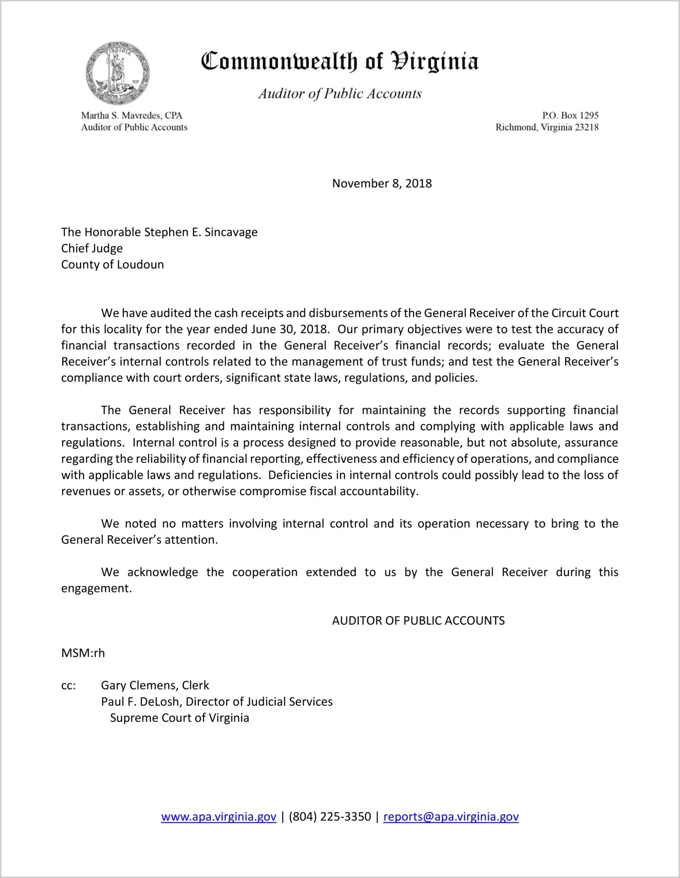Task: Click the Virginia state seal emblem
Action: [118, 73]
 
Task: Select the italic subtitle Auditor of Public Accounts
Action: [340, 94]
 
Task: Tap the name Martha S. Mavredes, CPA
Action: [132, 115]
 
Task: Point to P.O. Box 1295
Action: [570, 115]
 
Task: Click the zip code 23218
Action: [587, 127]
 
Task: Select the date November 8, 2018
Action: [382, 183]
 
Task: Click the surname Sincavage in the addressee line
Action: [231, 232]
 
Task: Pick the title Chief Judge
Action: [92, 248]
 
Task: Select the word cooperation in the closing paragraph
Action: [264, 572]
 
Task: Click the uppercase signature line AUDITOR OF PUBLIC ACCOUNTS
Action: [418, 621]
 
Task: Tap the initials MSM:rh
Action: [83, 653]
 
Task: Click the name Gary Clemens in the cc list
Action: [139, 685]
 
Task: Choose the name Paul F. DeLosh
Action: [141, 702]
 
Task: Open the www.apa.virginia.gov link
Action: [218, 817]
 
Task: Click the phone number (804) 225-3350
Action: [330, 817]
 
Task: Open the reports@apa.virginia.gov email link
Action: [451, 817]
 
